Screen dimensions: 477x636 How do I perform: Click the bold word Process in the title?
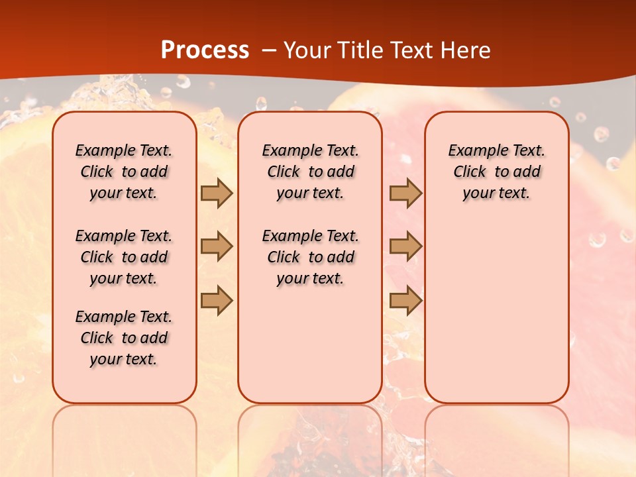coord(205,50)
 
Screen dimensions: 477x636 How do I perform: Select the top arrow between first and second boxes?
coord(217,193)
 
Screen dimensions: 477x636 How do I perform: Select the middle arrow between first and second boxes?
coord(217,246)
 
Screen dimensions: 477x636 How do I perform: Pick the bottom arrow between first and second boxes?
coord(217,300)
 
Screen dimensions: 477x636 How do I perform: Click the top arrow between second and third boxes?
coord(405,193)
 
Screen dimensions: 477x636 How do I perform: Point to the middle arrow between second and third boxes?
coord(405,246)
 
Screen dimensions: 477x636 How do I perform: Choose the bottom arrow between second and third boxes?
coord(405,300)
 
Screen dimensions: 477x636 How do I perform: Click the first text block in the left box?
coord(124,172)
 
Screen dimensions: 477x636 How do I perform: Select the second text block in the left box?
coord(124,257)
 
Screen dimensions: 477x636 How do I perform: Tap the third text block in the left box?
coord(124,338)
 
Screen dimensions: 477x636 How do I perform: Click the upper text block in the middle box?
coord(310,172)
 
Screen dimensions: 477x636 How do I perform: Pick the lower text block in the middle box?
coord(310,257)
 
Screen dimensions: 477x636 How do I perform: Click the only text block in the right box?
coord(496,172)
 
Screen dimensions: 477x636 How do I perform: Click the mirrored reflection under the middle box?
coord(310,437)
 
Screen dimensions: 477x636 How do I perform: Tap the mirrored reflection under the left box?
coord(124,437)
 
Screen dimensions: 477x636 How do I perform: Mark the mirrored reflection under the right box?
coord(496,437)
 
